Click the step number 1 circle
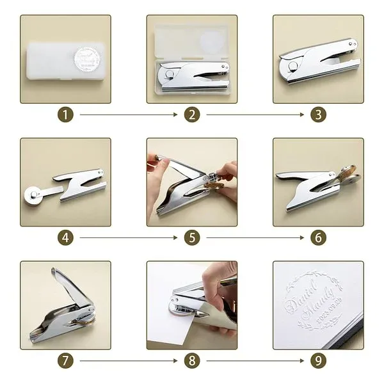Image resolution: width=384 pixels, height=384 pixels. coord(66,115)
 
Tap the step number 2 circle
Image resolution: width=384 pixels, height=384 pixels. coord(192,115)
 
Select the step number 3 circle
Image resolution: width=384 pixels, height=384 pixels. coord(318,115)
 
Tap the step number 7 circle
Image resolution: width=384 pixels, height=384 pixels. coord(66,360)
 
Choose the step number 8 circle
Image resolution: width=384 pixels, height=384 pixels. coord(192,360)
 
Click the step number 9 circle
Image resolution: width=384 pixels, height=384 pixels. coord(318,360)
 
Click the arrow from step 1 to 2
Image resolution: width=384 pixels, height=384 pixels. coord(128,115)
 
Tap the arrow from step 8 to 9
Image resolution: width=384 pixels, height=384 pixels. coord(255,360)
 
